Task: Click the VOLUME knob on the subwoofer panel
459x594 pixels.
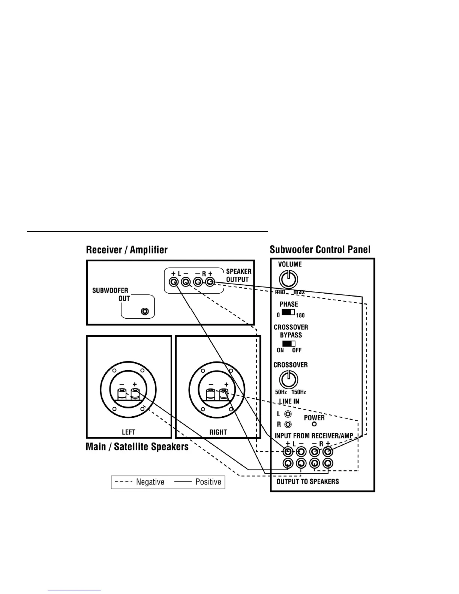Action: click(x=288, y=279)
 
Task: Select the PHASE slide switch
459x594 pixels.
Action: click(x=288, y=312)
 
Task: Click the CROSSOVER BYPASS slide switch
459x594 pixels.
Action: click(x=289, y=343)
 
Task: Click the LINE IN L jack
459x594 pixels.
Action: click(x=288, y=414)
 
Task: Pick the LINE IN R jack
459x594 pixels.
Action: click(x=288, y=424)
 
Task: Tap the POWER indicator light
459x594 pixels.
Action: click(x=314, y=424)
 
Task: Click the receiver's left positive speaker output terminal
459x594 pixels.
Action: click(x=173, y=282)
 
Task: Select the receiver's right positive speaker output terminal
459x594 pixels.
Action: click(x=210, y=282)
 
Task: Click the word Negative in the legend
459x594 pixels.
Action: click(x=150, y=482)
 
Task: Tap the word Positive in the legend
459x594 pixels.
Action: click(x=208, y=482)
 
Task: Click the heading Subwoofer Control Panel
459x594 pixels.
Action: click(x=320, y=249)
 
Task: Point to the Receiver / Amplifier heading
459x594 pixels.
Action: click(x=127, y=250)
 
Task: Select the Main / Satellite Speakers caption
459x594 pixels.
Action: click(x=137, y=447)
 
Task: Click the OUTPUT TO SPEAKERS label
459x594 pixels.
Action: click(x=307, y=481)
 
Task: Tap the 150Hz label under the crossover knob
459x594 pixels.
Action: click(x=299, y=392)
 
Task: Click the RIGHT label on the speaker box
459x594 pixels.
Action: click(x=218, y=432)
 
